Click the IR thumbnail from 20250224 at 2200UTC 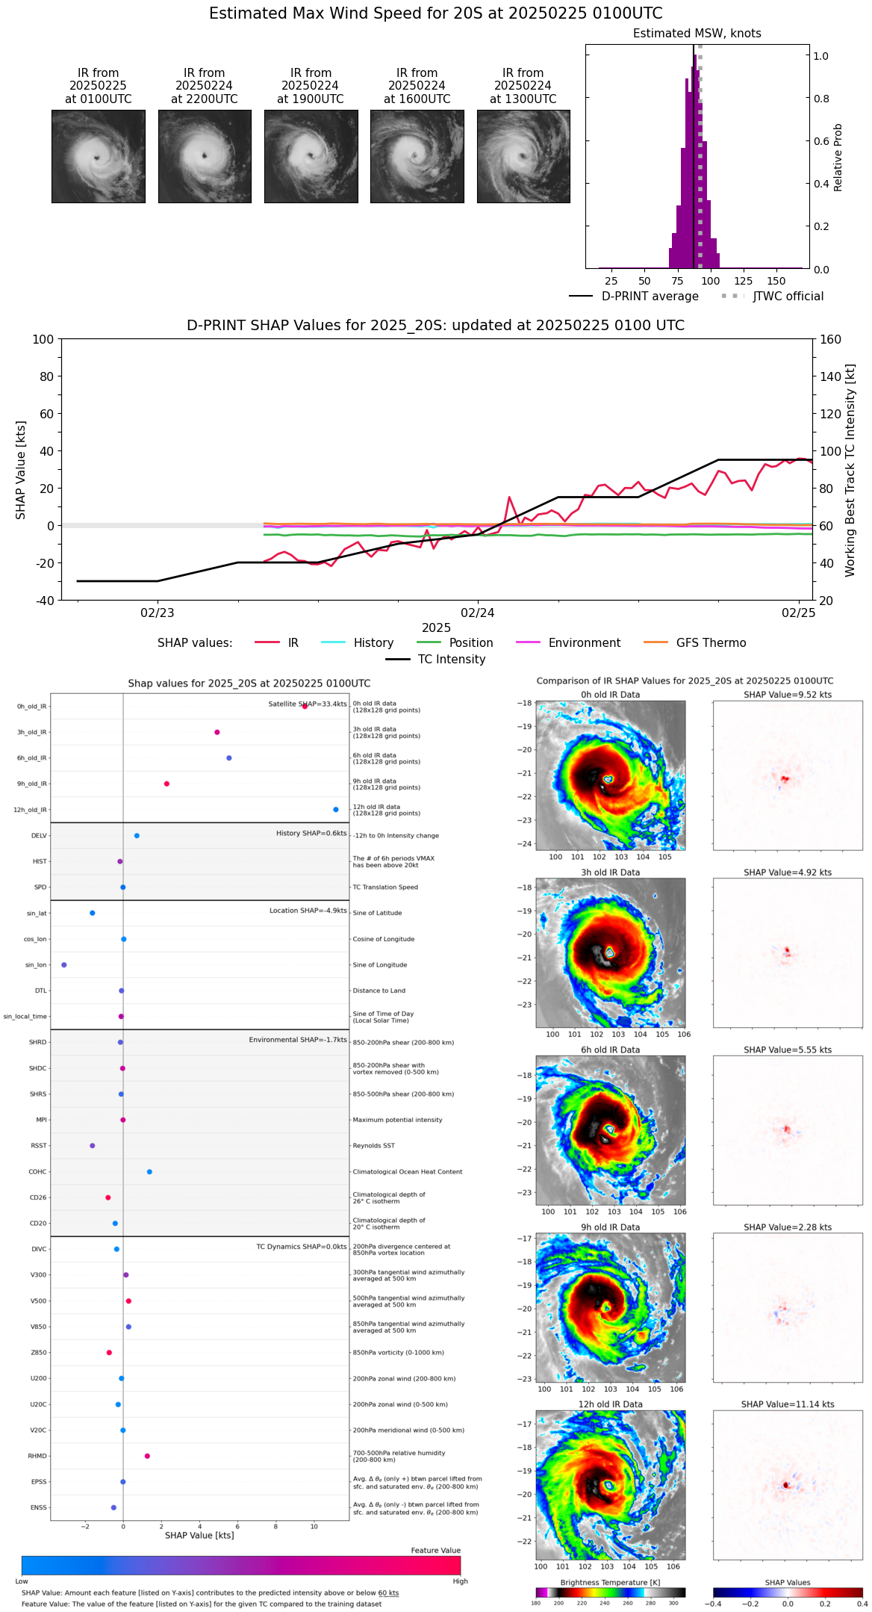click(x=205, y=156)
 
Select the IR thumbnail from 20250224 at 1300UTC click(x=523, y=156)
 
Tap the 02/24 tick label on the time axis click(x=478, y=613)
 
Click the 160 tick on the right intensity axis click(x=830, y=340)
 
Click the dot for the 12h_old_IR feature click(x=336, y=810)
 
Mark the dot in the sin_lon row click(x=64, y=965)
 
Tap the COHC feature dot click(x=149, y=1172)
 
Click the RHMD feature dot click(x=147, y=1456)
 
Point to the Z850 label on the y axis click(x=39, y=1353)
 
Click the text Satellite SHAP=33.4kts click(x=308, y=704)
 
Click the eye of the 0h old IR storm click(x=608, y=779)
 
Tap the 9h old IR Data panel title click(x=610, y=1227)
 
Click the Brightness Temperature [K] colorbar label click(x=610, y=1582)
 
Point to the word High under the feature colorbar click(x=460, y=1581)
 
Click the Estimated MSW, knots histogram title click(x=697, y=34)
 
